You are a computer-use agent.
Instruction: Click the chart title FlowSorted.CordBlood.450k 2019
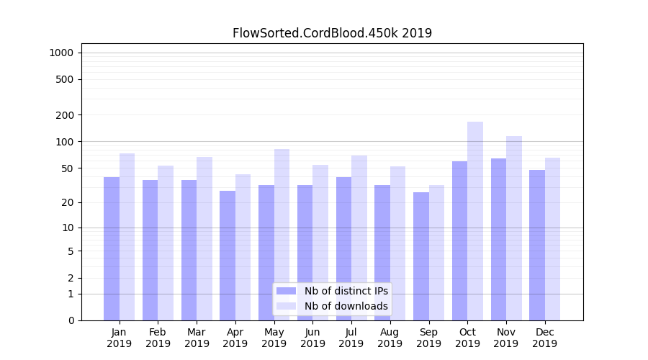[x=332, y=33]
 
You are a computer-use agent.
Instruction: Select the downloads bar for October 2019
[x=475, y=220]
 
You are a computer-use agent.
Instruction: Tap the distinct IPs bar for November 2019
[x=498, y=239]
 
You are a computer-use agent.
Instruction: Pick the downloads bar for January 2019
[x=127, y=236]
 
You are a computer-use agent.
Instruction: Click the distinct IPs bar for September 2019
[x=421, y=256]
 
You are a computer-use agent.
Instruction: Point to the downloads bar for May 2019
[x=282, y=234]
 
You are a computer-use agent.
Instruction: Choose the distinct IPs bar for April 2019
[x=228, y=255]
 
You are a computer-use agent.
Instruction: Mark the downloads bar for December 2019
[x=552, y=238]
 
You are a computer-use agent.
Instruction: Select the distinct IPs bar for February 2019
[x=150, y=250]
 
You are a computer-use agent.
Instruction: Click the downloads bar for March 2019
[x=204, y=238]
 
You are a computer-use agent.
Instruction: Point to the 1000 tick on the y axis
[x=61, y=53]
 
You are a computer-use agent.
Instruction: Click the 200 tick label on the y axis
[x=66, y=115]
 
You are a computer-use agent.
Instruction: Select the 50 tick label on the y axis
[x=68, y=168]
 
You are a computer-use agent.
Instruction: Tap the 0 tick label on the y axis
[x=71, y=320]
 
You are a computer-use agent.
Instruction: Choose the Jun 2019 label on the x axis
[x=312, y=338]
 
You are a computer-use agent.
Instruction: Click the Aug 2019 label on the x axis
[x=390, y=338]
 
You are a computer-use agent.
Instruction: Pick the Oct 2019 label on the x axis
[x=467, y=338]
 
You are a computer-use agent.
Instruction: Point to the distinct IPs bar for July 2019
[x=343, y=248]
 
